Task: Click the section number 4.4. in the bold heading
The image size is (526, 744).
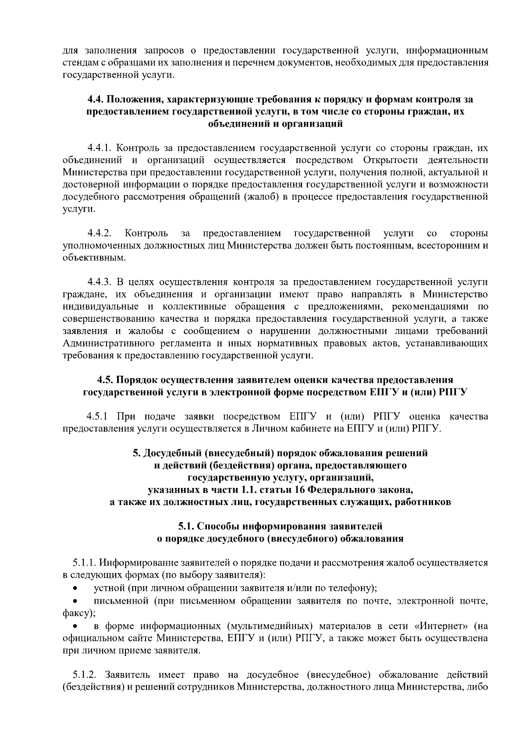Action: click(96, 100)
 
